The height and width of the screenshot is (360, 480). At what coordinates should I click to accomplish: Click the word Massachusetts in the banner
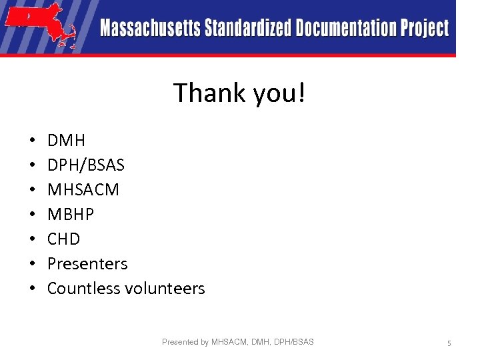tap(151, 29)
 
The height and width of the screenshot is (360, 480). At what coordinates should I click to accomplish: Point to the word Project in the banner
tap(425, 29)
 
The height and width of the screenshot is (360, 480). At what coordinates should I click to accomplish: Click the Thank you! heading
tap(239, 93)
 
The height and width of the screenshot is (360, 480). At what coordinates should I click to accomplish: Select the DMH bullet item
tap(66, 141)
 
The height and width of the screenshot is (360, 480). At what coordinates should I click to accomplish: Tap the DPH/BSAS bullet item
tap(86, 165)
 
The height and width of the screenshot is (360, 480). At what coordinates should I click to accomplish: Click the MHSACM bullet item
tap(83, 190)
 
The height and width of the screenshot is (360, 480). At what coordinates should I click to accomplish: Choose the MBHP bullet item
tap(71, 215)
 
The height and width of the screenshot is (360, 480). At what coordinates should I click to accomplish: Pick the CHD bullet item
tap(63, 239)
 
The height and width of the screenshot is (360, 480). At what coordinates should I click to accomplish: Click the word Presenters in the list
tap(87, 264)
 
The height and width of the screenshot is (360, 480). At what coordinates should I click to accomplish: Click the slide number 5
tap(449, 343)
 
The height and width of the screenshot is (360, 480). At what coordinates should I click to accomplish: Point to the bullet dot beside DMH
tap(32, 141)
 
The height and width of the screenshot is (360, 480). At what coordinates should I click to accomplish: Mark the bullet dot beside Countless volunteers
tap(32, 289)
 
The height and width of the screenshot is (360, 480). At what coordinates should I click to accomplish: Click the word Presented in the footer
tap(180, 342)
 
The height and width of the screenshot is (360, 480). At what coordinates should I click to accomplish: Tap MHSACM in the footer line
tap(229, 342)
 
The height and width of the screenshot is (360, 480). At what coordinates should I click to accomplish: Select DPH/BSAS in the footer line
tap(294, 342)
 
